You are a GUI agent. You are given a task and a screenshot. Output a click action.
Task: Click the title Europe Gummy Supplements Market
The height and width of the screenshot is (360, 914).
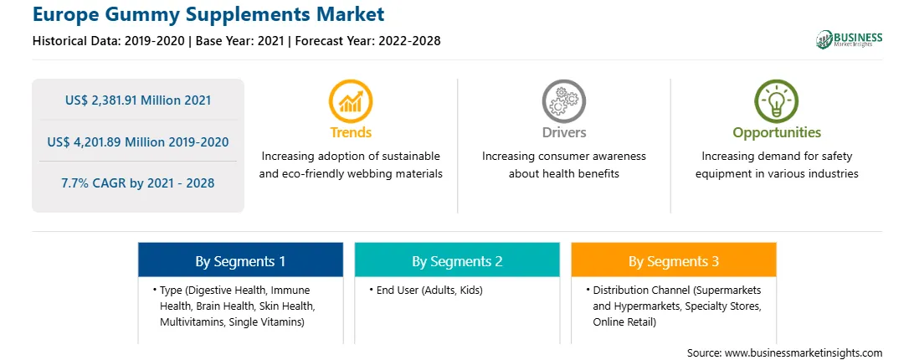(x=208, y=13)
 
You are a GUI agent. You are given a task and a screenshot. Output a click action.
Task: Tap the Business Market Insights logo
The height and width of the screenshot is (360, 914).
(x=850, y=39)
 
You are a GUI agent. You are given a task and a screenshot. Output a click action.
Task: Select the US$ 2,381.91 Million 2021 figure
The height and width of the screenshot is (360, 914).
(x=138, y=100)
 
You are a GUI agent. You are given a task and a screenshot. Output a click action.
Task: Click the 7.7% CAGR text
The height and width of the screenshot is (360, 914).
(x=96, y=183)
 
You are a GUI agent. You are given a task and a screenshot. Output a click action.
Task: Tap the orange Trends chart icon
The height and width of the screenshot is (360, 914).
(x=351, y=101)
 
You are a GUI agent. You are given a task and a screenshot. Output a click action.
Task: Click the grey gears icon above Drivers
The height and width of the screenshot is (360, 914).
(x=563, y=101)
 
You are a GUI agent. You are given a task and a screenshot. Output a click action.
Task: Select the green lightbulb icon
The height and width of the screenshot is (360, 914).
(x=777, y=101)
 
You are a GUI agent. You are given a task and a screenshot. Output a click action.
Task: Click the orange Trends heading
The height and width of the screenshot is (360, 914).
(x=351, y=132)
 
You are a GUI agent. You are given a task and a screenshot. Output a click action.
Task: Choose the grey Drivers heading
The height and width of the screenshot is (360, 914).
(x=563, y=132)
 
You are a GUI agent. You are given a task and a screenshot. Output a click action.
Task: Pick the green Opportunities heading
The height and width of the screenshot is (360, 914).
(x=777, y=133)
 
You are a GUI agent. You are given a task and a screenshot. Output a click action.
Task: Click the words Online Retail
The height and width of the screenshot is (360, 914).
(x=624, y=321)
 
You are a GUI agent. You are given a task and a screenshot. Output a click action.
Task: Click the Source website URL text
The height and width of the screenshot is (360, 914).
(x=804, y=353)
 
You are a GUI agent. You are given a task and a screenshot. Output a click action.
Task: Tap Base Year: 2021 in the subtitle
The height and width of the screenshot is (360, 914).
(x=241, y=41)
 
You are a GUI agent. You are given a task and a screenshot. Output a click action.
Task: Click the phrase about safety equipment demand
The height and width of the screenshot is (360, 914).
(x=777, y=165)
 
